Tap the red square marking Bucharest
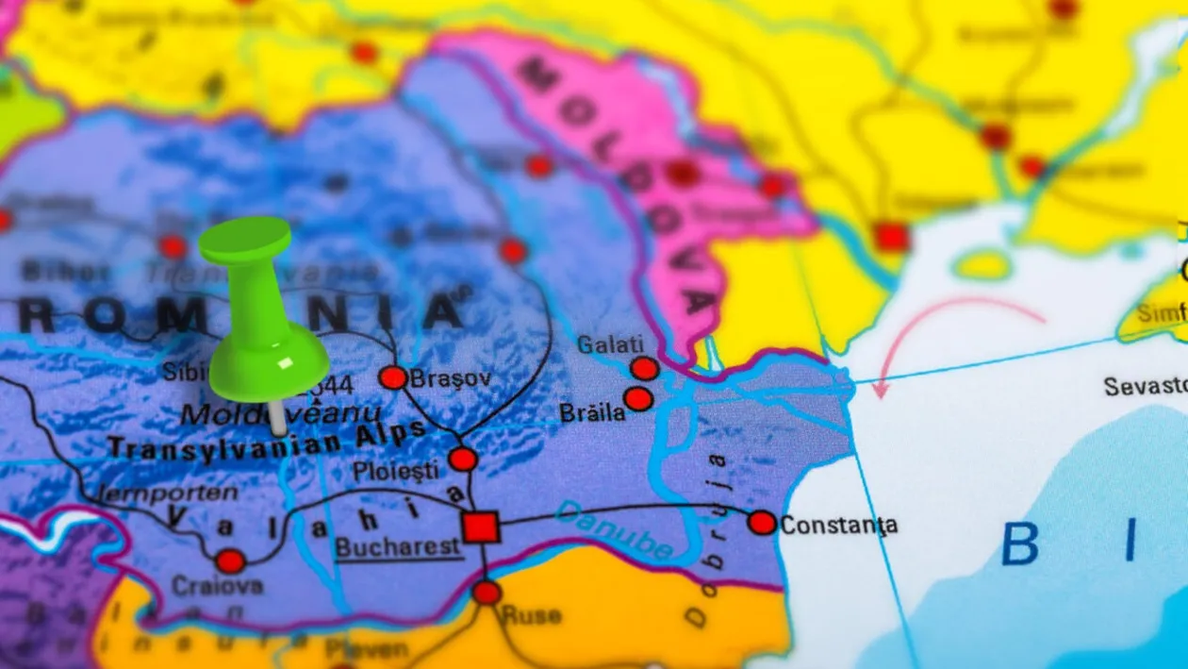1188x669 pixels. [x=481, y=527]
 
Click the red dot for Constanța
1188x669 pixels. [x=762, y=523]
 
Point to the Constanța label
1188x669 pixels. [x=839, y=525]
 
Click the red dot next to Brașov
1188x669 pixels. [x=393, y=377]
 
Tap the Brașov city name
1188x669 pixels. [x=451, y=377]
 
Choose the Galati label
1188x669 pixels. [x=610, y=344]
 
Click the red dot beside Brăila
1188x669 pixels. [x=638, y=399]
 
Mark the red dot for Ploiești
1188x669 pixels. [x=463, y=460]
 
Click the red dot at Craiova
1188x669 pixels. [x=230, y=561]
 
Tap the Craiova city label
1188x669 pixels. [x=217, y=587]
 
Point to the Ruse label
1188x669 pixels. [x=531, y=616]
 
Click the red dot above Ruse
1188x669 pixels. [x=487, y=593]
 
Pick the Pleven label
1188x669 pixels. [x=367, y=649]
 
